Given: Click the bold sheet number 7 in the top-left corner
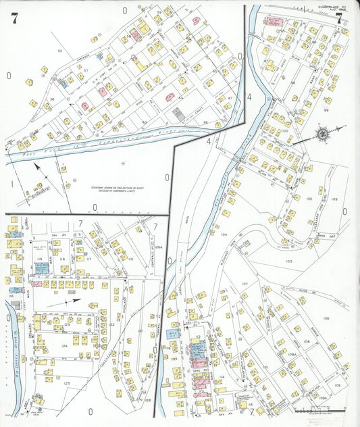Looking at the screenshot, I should pyautogui.click(x=14, y=18).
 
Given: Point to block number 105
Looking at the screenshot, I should pyautogui.click(x=288, y=260).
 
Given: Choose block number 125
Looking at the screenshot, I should pyautogui.click(x=66, y=384).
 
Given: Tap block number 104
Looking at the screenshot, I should pyautogui.click(x=224, y=234).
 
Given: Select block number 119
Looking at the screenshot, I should pyautogui.click(x=40, y=258).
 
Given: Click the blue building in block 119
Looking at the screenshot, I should pyautogui.click(x=41, y=268).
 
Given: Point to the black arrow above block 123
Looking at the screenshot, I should pyautogui.click(x=72, y=302).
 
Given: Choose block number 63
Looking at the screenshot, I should pyautogui.click(x=144, y=122).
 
